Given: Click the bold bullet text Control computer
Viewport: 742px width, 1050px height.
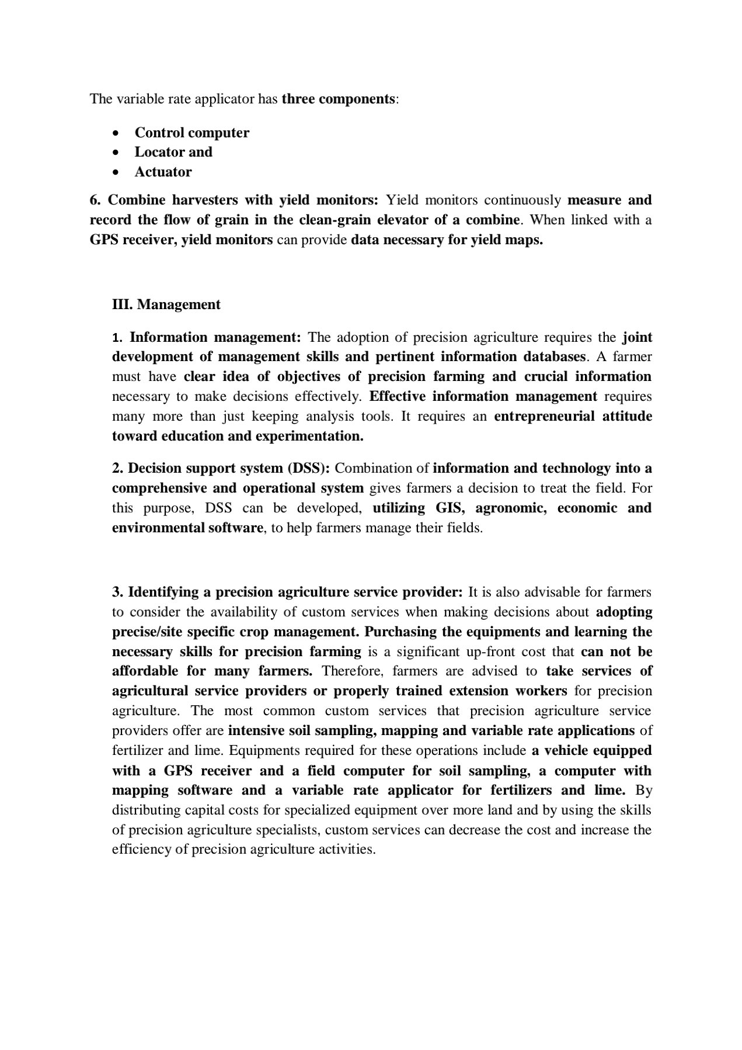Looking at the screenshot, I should [191, 133].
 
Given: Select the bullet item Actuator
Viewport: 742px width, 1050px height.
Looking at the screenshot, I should [163, 172].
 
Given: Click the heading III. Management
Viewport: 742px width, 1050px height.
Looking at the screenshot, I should [166, 304].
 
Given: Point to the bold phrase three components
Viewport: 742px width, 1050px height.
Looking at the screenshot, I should [338, 99].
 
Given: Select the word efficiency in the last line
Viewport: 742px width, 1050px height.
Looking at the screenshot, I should [141, 849].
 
